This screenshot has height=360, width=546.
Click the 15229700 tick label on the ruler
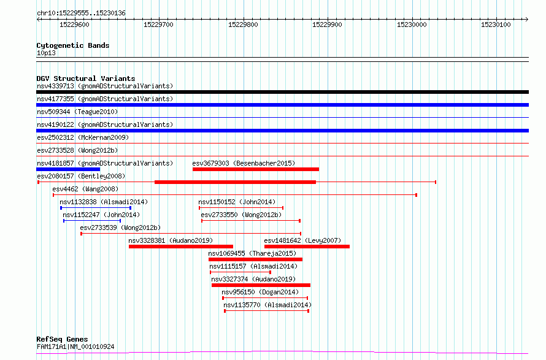tap(158, 25)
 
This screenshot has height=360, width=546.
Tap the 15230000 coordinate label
tap(412, 25)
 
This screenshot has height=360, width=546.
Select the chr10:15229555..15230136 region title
tap(81, 13)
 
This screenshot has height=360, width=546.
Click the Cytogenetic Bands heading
tap(73, 45)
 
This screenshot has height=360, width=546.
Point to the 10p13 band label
tap(46, 53)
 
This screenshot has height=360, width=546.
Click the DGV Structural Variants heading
tap(86, 79)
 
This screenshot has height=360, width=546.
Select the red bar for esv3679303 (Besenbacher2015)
tap(256, 169)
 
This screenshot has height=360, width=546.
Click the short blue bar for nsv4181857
tap(68, 169)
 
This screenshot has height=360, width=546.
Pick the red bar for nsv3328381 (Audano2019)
tap(181, 247)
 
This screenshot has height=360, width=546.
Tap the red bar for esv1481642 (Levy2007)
tap(307, 247)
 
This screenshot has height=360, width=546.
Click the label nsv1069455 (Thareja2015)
tap(252, 253)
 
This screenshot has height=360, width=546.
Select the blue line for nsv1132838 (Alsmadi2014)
tap(96, 208)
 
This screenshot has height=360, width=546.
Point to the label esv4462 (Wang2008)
tap(85, 189)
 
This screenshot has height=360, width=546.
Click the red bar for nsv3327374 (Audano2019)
tap(261, 285)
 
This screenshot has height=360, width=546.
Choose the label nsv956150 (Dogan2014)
tap(260, 292)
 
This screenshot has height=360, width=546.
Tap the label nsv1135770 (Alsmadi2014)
tap(267, 305)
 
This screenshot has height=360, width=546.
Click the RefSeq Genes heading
tap(63, 339)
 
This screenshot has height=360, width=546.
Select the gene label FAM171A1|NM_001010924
tap(75, 347)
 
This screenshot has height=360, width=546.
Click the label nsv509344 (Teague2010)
tap(77, 112)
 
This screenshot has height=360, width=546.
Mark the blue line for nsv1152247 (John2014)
tap(92, 221)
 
